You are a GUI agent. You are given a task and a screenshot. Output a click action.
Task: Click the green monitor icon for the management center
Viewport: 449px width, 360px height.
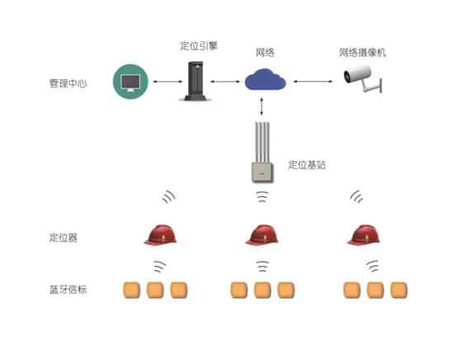point(130,82)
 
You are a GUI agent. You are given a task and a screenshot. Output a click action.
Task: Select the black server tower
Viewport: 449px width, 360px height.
point(196,81)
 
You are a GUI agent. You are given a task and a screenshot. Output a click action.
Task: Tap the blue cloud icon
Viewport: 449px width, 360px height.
point(265,79)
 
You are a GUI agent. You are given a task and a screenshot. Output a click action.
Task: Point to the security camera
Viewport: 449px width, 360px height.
point(363,78)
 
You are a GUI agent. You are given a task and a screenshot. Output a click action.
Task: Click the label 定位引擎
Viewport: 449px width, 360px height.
point(199,45)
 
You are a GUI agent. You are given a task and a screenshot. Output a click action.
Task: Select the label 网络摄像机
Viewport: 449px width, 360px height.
point(362,52)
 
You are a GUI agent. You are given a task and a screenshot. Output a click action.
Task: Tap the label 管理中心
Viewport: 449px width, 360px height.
point(68,83)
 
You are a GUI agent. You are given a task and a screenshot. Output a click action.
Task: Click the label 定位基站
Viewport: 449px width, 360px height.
point(307,164)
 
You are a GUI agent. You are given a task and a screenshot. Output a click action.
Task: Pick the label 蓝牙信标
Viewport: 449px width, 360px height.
point(68,290)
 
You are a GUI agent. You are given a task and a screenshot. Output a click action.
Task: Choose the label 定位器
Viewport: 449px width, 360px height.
point(64,238)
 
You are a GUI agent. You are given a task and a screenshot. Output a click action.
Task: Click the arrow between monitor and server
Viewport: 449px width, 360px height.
point(168,82)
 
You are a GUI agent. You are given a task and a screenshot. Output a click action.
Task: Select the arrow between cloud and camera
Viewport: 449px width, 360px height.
point(314,82)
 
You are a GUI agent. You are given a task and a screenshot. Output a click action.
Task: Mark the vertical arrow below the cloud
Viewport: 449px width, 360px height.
point(261,107)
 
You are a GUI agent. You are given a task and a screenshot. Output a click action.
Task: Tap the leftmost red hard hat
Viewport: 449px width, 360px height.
point(160,234)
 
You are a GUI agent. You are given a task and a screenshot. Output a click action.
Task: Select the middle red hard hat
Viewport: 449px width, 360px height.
point(262,234)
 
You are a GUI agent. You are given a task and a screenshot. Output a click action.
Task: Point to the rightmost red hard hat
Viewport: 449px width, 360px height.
point(364,234)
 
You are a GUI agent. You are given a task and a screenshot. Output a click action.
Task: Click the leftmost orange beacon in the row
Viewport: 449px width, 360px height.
point(132,290)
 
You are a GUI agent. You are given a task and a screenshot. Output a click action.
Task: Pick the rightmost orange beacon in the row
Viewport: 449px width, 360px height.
point(399,290)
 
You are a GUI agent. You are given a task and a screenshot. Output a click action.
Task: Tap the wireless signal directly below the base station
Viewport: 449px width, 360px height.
point(262,197)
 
